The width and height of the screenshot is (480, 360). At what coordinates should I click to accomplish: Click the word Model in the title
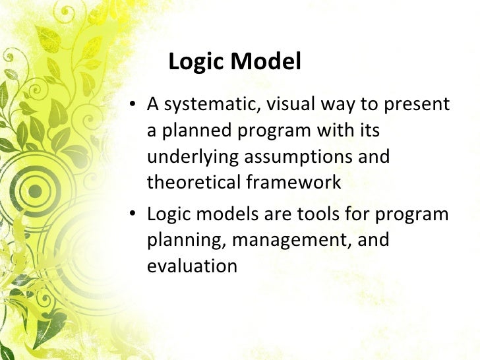tap(267, 62)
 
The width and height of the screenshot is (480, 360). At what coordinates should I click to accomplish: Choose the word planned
tap(191, 131)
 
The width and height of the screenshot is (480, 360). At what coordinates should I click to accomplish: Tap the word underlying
tap(192, 158)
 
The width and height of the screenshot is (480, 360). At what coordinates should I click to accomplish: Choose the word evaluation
tap(191, 266)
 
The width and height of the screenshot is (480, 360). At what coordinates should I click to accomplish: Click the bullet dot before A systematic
tap(133, 105)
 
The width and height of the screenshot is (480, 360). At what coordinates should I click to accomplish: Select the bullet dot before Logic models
tap(133, 216)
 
